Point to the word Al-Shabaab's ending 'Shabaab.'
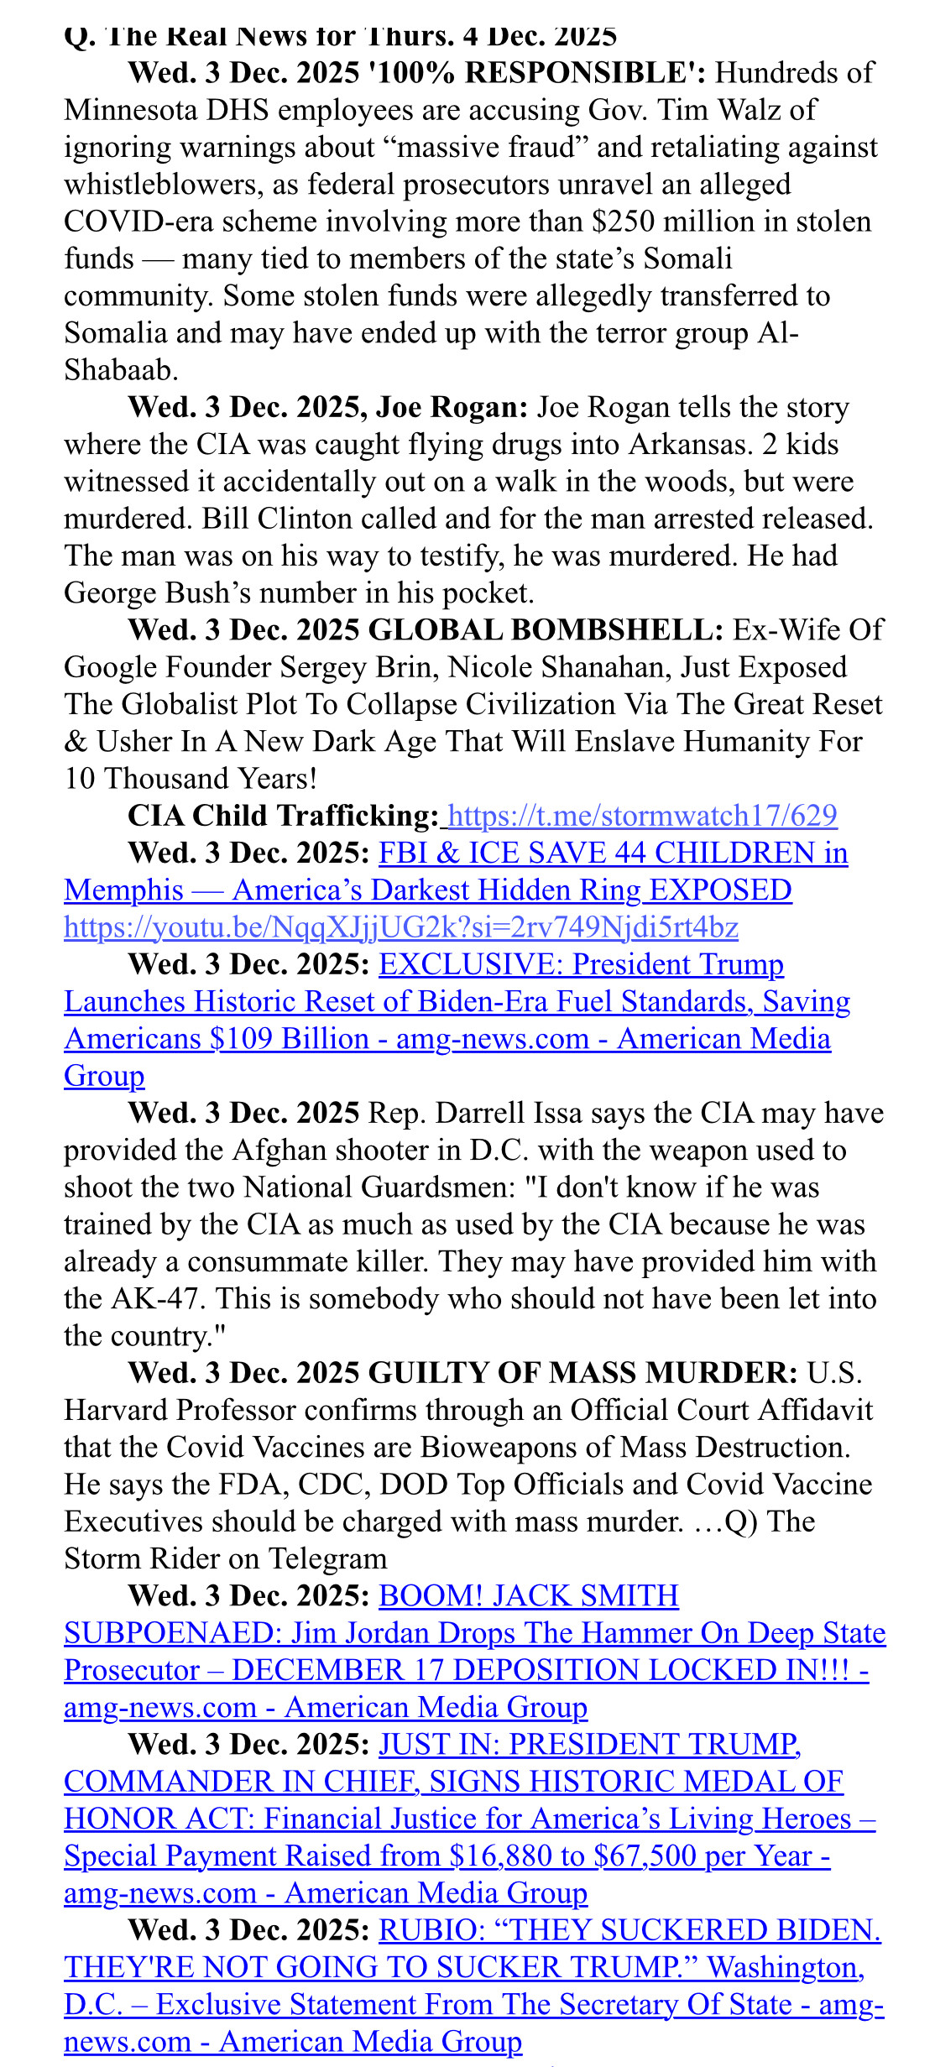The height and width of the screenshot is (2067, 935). tap(121, 371)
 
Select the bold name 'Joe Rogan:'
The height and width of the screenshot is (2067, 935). tap(452, 408)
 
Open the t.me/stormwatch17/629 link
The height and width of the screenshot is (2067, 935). tap(643, 817)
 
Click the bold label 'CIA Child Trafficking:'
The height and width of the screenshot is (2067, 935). tap(283, 817)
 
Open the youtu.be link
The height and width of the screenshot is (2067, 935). tap(401, 927)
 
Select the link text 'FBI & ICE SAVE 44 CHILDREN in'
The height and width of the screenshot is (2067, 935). tap(613, 853)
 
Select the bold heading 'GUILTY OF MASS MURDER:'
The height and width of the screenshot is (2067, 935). tap(583, 1373)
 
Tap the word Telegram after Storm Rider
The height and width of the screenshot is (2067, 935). tap(326, 1558)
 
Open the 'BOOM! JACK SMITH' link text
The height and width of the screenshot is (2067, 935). tap(529, 1596)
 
